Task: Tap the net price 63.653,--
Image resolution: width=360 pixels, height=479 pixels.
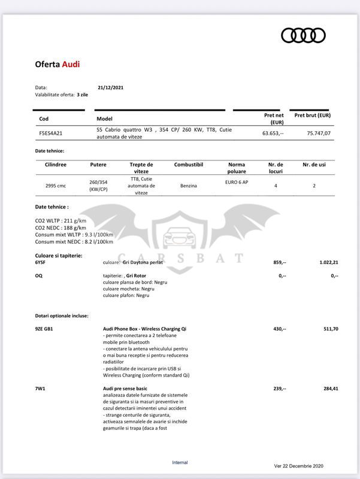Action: point(273,134)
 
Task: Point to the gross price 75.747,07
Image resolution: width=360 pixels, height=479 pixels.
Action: point(318,134)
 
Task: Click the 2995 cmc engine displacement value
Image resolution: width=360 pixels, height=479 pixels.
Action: point(56,186)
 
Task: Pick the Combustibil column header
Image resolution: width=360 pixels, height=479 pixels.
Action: point(189,164)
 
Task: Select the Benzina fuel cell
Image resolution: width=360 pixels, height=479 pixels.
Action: point(189,186)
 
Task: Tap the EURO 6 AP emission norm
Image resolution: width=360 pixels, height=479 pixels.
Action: point(237,181)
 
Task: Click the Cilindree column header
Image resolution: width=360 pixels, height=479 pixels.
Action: point(56,164)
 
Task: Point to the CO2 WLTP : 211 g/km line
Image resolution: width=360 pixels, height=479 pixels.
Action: point(61,220)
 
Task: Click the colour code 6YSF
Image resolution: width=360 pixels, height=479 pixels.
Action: point(40,262)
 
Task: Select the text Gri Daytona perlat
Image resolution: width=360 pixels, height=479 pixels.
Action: point(142,262)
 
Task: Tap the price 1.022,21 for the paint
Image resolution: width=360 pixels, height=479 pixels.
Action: point(327,262)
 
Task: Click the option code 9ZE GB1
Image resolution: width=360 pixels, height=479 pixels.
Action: point(45,329)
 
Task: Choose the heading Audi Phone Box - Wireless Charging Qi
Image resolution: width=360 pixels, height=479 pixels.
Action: point(144,329)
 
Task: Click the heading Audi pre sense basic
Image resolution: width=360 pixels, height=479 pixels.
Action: point(125,389)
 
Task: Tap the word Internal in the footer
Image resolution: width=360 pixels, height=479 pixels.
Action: point(180,462)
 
